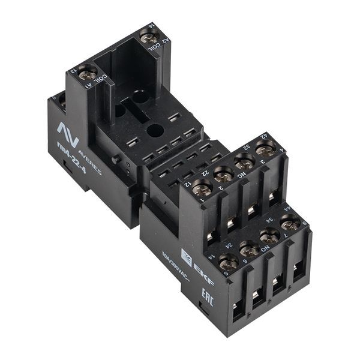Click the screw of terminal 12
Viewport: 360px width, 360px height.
(202, 189)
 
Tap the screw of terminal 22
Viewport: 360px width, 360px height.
(224, 175)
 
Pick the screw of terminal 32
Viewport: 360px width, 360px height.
(245, 161)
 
